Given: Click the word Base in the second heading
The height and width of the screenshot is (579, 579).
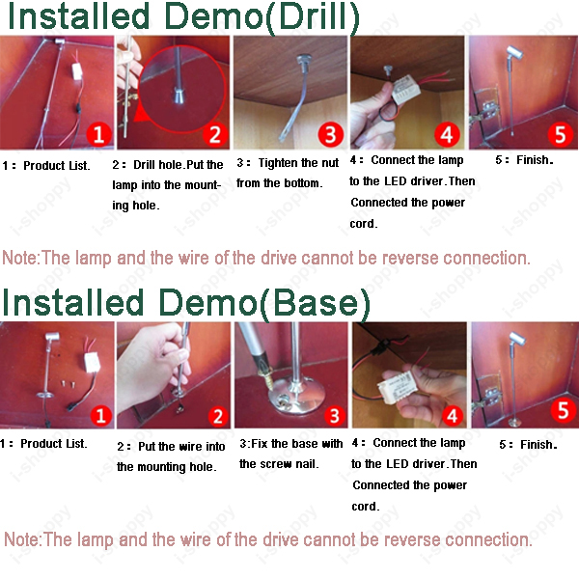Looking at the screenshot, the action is click(x=315, y=303).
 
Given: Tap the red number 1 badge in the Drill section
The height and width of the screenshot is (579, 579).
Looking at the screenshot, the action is click(x=98, y=134).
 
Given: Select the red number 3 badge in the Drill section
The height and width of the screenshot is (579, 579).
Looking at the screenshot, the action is click(x=330, y=134).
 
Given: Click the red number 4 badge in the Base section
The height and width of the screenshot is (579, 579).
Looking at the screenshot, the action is click(x=452, y=417).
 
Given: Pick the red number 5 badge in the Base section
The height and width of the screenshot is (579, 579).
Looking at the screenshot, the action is click(x=563, y=410).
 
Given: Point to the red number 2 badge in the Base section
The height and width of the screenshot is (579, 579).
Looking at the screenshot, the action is click(x=218, y=417).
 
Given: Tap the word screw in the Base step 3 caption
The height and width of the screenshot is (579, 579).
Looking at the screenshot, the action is click(x=277, y=464).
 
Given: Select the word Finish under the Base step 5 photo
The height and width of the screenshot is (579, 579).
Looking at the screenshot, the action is click(x=538, y=445).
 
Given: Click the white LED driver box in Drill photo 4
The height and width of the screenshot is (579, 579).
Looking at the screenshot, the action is click(x=405, y=90).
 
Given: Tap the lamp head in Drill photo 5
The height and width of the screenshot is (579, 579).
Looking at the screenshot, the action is click(x=514, y=53).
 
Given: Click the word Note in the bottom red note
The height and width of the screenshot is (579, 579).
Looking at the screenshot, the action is click(x=21, y=539).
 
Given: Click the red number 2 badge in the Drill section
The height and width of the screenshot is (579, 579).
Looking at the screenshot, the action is click(x=215, y=134).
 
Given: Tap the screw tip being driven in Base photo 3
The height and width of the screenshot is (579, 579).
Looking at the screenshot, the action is click(x=270, y=387).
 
